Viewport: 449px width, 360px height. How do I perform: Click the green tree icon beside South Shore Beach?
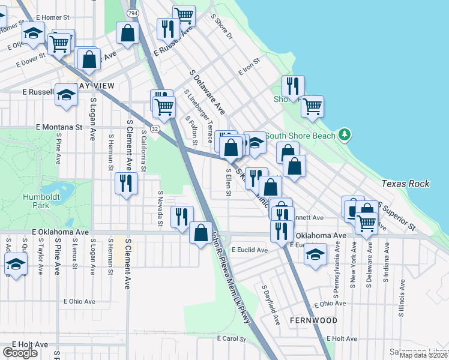point(345,134)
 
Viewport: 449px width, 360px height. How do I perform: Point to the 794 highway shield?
point(132,13)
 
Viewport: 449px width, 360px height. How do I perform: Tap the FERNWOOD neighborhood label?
point(313,320)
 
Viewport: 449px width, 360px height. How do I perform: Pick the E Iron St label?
point(249,66)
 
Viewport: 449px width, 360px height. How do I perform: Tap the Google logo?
point(20,353)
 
